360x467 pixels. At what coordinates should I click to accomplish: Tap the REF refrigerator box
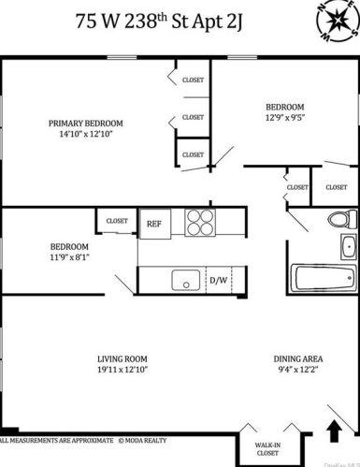153,223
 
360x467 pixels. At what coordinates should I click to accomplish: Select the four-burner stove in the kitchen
200,222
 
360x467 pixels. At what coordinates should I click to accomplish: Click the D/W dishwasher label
219,280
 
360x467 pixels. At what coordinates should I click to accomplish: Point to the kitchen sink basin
183,279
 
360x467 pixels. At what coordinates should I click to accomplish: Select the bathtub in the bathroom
324,278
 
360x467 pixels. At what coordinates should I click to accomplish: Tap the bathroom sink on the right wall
348,246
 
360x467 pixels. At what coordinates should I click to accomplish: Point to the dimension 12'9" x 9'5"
284,117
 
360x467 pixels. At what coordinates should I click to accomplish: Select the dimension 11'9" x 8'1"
69,256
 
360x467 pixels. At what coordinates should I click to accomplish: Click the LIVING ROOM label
123,358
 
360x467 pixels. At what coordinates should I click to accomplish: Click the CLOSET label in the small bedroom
117,221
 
